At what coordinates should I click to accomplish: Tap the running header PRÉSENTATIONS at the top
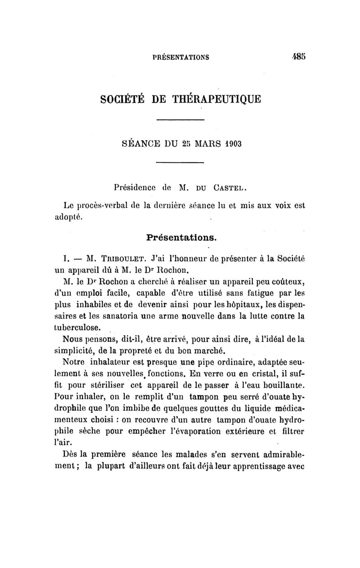[x=180, y=58]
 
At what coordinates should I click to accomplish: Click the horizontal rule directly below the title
[x=180, y=118]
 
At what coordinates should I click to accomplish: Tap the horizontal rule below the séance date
[x=180, y=162]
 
